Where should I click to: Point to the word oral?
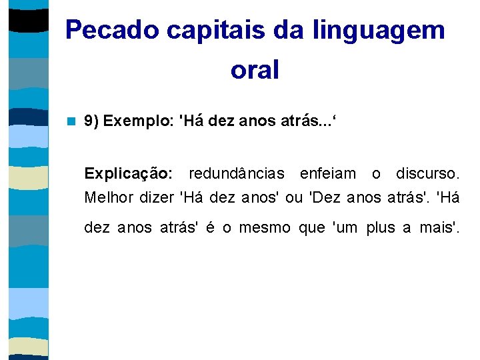(x=255, y=69)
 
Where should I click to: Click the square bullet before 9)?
(x=71, y=121)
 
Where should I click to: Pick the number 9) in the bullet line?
(x=92, y=121)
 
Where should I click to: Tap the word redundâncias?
(x=237, y=174)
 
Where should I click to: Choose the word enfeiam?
(x=328, y=174)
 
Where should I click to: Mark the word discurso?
(x=427, y=174)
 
